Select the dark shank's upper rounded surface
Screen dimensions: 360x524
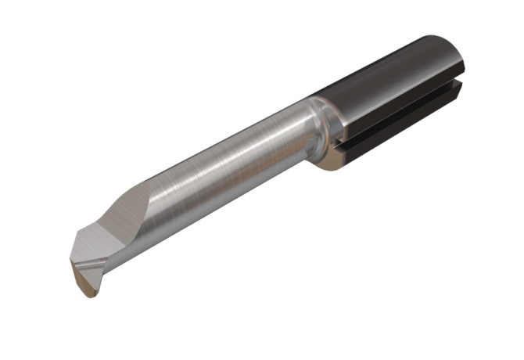pyautogui.click(x=391, y=78)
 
